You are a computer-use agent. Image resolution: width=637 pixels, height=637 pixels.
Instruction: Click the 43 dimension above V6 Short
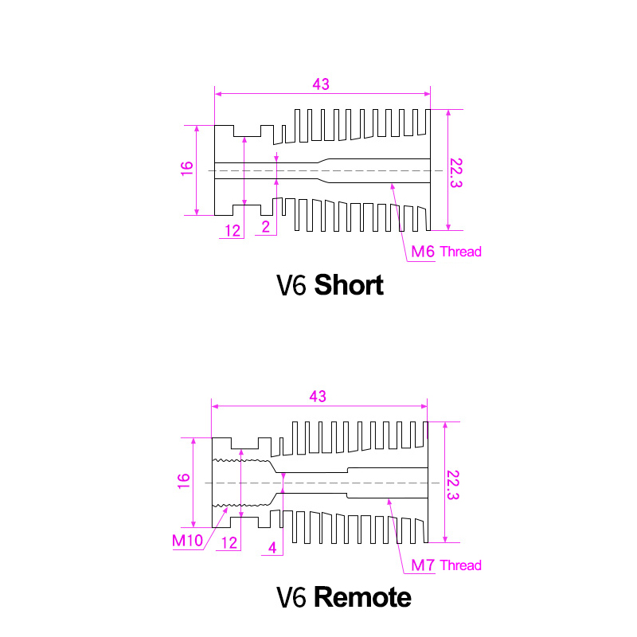tap(321, 84)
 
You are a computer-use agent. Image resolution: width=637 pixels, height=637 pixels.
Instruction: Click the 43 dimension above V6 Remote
tap(318, 396)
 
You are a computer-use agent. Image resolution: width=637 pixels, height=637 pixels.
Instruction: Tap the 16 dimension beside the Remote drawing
tap(184, 481)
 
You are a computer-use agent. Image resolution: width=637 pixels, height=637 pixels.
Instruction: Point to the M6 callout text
tap(423, 252)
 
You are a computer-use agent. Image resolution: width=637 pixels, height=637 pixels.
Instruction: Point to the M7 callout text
tap(423, 566)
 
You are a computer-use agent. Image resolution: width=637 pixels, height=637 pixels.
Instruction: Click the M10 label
tap(187, 541)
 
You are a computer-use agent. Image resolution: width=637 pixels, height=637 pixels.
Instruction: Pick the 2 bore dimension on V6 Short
tap(266, 228)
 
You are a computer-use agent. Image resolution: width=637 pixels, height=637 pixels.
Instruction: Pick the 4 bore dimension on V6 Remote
tap(272, 549)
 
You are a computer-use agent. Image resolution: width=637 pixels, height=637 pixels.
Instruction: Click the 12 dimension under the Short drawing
tap(233, 231)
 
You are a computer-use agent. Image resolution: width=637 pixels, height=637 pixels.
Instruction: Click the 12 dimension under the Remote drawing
tap(229, 543)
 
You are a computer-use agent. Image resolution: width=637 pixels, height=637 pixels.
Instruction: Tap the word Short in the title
tap(349, 285)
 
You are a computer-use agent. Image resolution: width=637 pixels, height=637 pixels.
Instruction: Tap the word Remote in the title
tap(363, 597)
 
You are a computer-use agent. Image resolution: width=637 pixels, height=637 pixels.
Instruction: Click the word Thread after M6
tap(460, 252)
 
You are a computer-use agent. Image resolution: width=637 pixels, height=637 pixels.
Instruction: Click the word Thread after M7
tap(460, 566)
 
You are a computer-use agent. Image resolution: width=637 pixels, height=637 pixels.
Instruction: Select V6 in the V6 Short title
tap(291, 286)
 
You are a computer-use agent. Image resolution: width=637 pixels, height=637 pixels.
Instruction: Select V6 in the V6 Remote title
tap(291, 598)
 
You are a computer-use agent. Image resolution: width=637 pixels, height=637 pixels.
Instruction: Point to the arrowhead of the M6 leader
tap(391, 186)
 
